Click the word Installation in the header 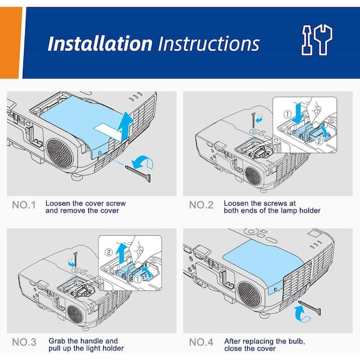100,44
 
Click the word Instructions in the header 209,44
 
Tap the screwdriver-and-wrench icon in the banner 317,40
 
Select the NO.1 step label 24,205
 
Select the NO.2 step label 202,205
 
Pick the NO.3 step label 24,342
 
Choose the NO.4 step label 202,342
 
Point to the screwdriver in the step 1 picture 139,173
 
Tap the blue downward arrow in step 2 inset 298,113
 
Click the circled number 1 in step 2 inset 287,114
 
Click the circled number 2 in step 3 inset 109,253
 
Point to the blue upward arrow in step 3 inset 121,253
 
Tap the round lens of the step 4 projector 250,294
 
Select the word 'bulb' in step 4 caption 296,341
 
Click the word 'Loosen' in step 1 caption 58,203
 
